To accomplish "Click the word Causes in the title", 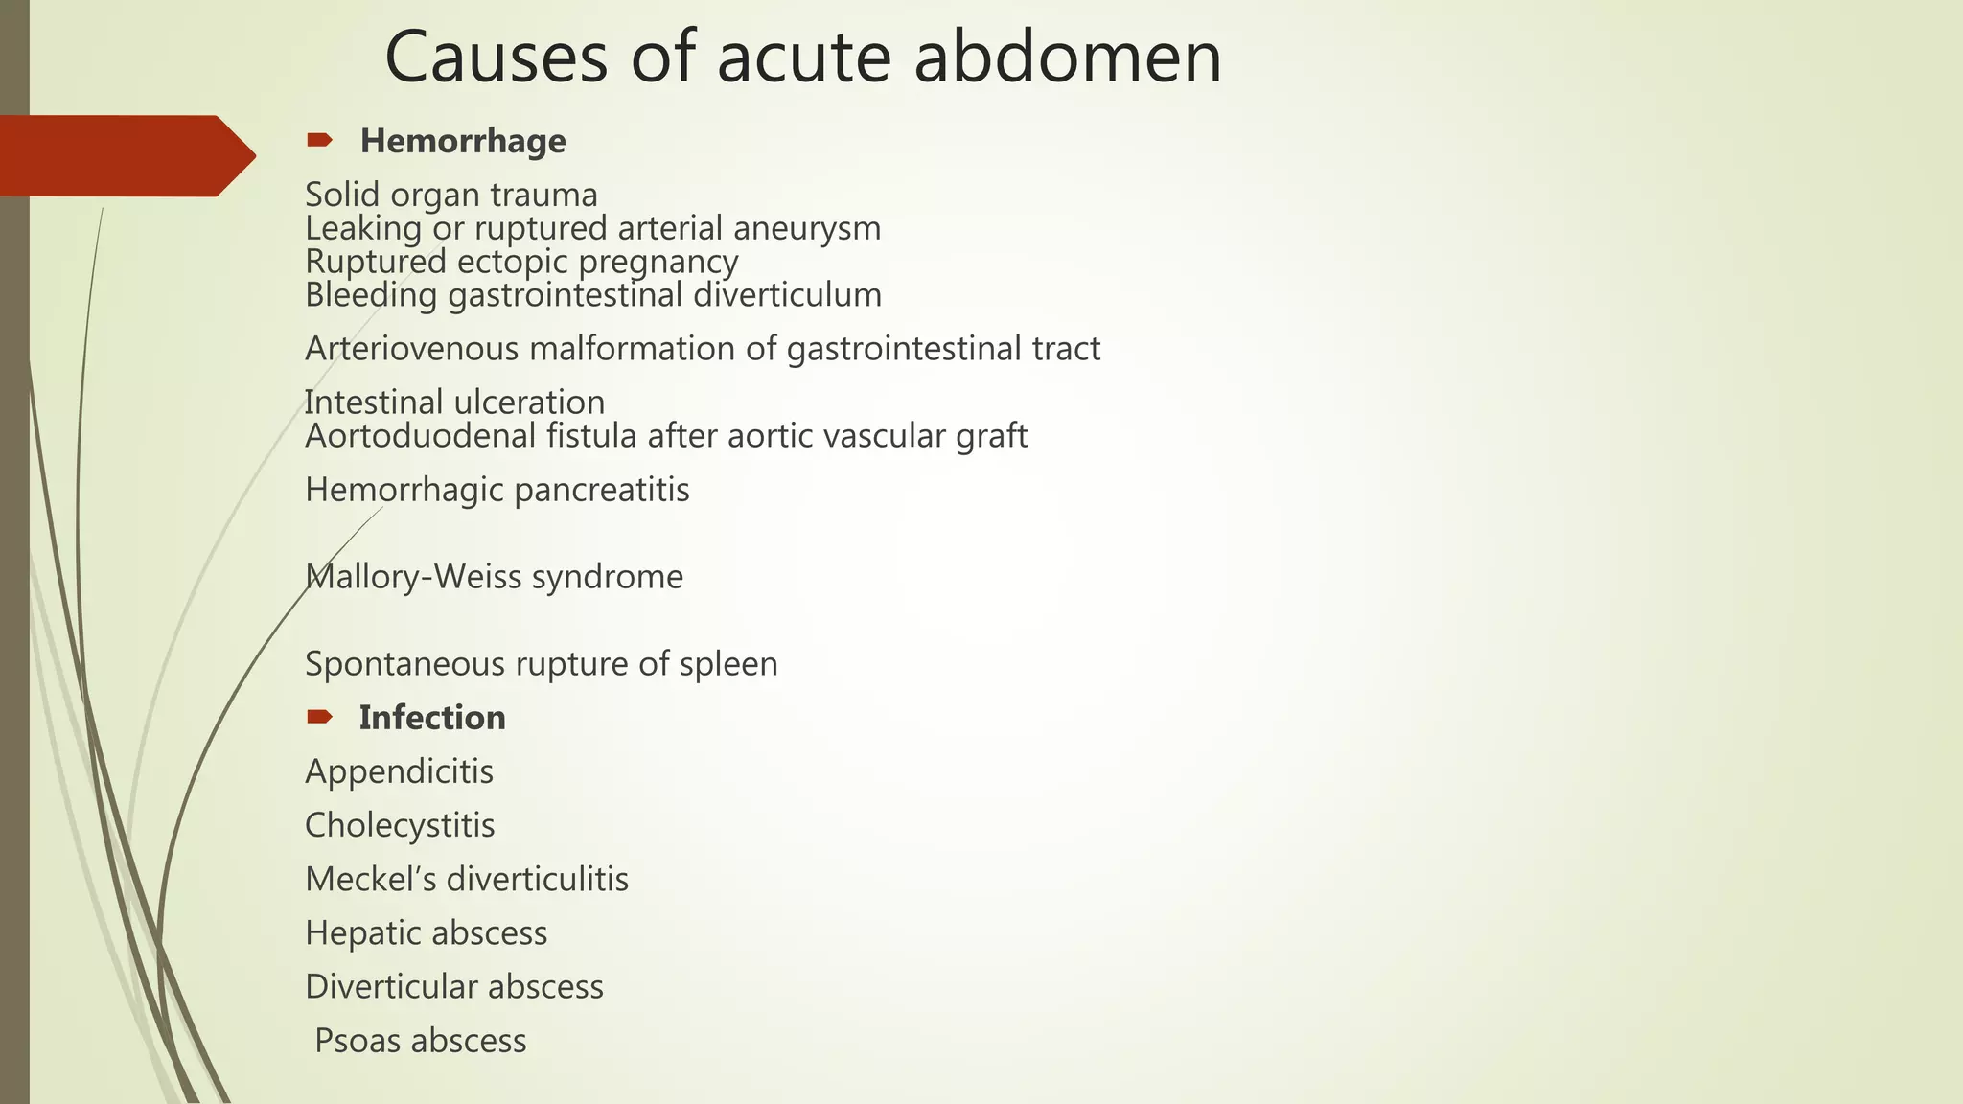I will point(496,57).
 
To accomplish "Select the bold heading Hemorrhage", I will point(463,142).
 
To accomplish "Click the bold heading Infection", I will point(432,718).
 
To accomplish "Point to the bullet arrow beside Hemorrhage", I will point(319,141).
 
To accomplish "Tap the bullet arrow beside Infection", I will point(319,717).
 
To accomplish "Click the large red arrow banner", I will point(125,155).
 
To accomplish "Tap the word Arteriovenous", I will point(411,349).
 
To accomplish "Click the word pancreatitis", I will point(602,490).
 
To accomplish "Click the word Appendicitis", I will point(399,771).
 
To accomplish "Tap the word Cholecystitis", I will point(400,825).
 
